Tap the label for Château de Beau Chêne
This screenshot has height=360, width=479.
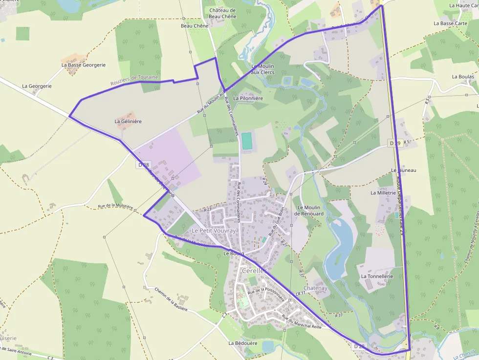pos(222,13)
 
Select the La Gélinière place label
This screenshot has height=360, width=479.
pos(128,121)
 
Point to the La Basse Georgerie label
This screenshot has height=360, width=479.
pos(83,64)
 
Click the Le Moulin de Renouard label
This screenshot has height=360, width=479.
pos(309,211)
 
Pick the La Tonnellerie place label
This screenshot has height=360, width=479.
pos(377,276)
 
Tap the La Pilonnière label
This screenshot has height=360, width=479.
pos(248,98)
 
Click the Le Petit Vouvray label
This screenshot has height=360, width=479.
pos(214,231)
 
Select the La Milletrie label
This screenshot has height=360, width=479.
pos(383,193)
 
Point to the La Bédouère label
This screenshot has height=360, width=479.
pos(243,343)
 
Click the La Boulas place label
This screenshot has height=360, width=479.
pos(463,77)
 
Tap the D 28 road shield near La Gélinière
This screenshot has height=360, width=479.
pos(142,165)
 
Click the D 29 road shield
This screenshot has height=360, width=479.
pos(394,143)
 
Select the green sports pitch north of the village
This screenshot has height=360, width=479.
pos(247,141)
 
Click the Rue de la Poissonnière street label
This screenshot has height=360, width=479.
pos(266,292)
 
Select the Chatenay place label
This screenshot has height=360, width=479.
pos(315,288)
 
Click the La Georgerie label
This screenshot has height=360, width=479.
pos(37,86)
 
